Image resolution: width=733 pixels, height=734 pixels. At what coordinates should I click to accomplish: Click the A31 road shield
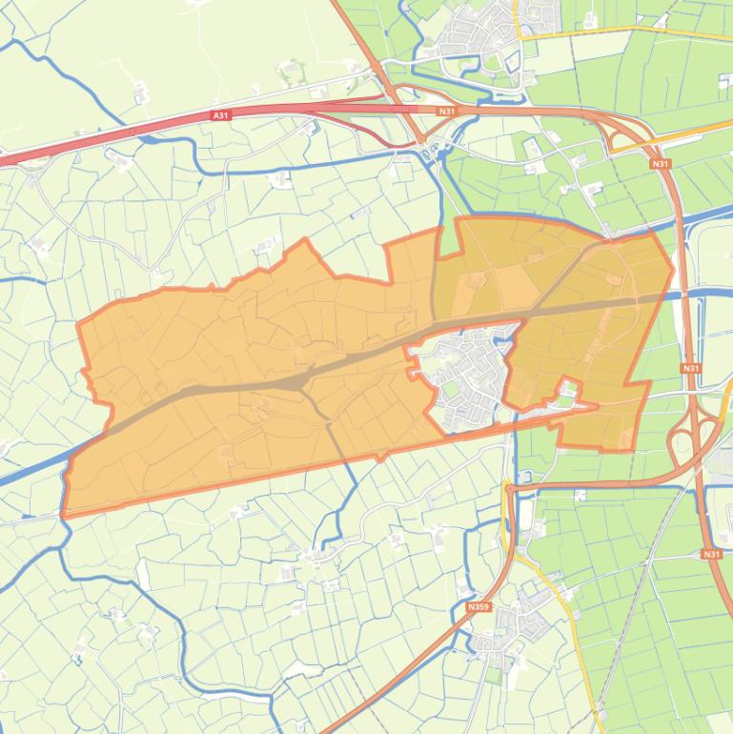pyautogui.click(x=221, y=115)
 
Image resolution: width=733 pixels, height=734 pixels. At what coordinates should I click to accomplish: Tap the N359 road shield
pyautogui.click(x=478, y=605)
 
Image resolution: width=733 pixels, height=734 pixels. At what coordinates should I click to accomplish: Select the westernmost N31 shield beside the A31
pyautogui.click(x=445, y=112)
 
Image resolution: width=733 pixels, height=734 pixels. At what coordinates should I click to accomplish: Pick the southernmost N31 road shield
pyautogui.click(x=712, y=554)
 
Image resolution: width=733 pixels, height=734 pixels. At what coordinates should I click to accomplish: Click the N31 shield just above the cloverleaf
pyautogui.click(x=691, y=368)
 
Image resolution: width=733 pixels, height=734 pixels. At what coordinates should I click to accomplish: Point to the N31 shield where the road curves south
pyautogui.click(x=661, y=164)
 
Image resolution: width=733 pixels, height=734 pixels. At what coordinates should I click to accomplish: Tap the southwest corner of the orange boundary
pyautogui.click(x=66, y=515)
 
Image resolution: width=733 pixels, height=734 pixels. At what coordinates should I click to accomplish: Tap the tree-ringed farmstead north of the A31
pyautogui.click(x=291, y=70)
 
